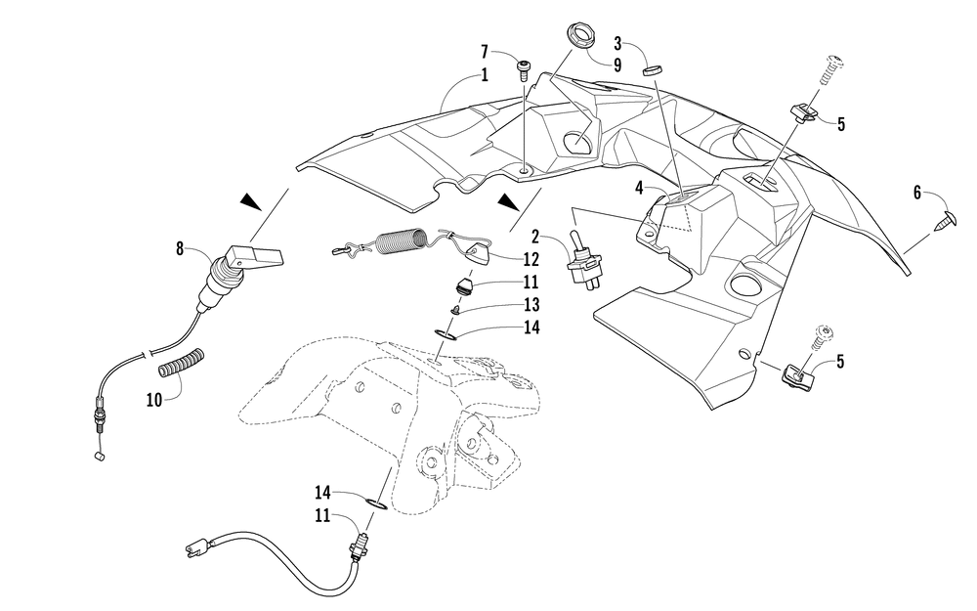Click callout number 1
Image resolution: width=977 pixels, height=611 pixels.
pos(484,76)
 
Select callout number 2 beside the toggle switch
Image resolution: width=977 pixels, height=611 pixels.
pos(536,235)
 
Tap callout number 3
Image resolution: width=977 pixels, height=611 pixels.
pos(617,43)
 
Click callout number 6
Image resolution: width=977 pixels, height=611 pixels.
pos(916,194)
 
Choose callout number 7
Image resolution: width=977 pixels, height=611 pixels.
pos(485,51)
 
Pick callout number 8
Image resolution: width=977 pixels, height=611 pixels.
pos(180,249)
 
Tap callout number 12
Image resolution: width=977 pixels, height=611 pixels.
pos(531,259)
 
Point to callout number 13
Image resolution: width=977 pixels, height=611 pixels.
pos(531,303)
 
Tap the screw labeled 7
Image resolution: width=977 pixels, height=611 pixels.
pos(525,67)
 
